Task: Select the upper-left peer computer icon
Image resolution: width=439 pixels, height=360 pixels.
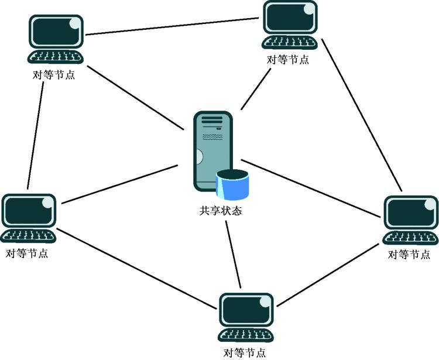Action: point(56,40)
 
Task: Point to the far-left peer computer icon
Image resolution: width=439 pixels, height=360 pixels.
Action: point(29,218)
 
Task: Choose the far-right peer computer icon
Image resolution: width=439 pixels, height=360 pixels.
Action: point(410,220)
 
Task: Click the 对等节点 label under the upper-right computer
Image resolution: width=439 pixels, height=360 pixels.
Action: point(288,60)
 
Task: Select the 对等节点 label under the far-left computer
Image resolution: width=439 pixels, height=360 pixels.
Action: point(27,254)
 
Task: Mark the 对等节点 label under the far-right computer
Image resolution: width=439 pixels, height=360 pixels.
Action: point(410,255)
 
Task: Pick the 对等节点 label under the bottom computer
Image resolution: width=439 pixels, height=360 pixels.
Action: point(245,352)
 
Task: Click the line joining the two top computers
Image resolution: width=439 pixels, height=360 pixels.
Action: point(173,26)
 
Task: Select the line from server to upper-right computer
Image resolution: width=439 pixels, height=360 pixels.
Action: point(256,88)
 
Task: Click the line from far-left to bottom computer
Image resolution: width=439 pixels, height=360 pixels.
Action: point(138,267)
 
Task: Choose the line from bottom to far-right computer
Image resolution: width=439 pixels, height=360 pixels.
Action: point(331,275)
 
